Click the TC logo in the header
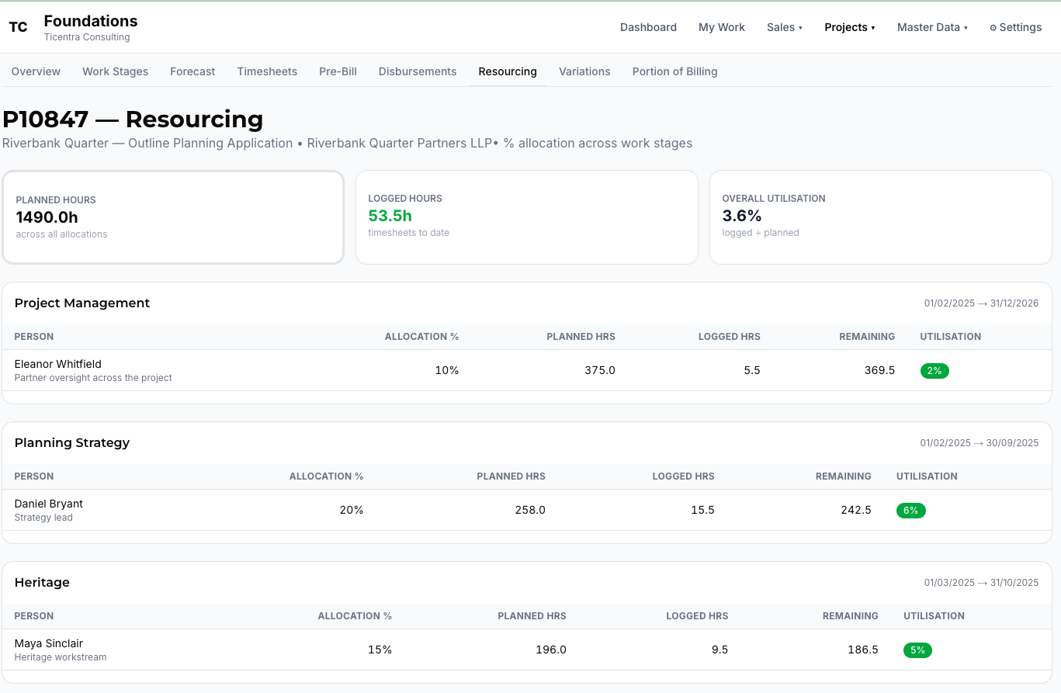[18, 27]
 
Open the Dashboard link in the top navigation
[648, 27]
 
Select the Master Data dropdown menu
[931, 27]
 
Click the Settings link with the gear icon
[1015, 27]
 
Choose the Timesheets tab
[267, 71]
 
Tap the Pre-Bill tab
[338, 71]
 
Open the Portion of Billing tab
[674, 71]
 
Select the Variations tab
[584, 71]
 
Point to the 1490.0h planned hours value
[47, 217]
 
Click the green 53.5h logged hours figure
[390, 216]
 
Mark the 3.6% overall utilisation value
[742, 216]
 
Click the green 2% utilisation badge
[934, 371]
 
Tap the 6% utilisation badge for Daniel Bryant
[911, 511]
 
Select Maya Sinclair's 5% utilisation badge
[917, 650]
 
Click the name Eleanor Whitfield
[57, 364]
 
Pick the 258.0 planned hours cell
[530, 510]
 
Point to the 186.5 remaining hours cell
[862, 650]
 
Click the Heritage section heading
[42, 583]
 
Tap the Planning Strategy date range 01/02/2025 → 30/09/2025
[979, 443]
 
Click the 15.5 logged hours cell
[702, 510]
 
